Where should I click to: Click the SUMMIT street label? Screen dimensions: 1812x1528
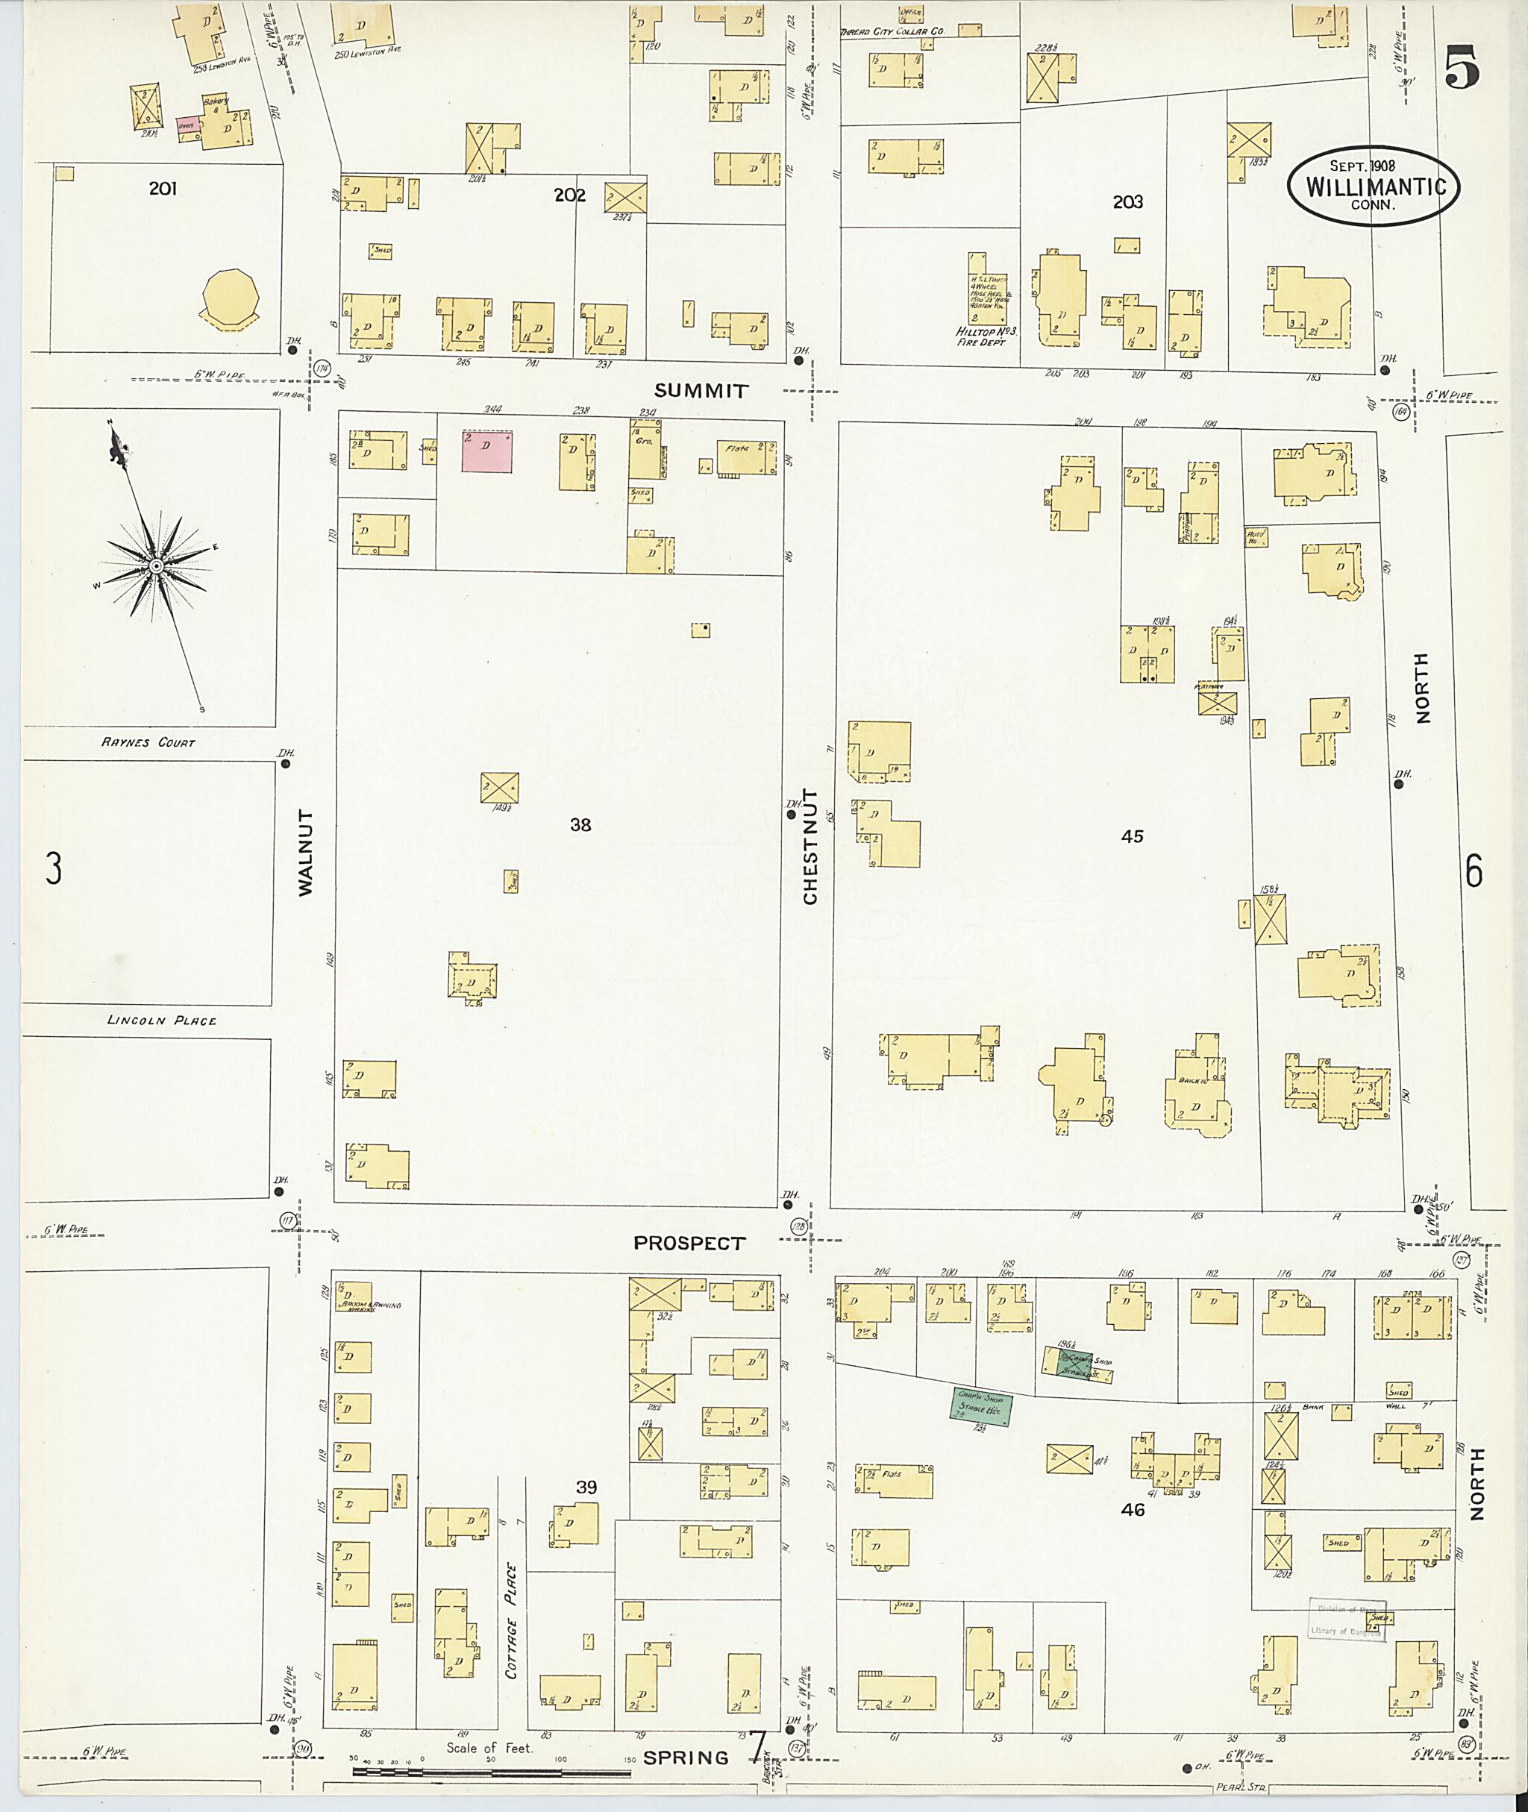point(701,391)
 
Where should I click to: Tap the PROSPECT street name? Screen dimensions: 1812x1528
point(689,1243)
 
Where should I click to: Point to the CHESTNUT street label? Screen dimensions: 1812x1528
point(810,846)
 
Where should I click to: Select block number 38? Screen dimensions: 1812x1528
point(580,824)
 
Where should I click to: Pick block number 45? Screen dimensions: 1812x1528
point(1132,836)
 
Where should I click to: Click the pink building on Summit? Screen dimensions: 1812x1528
point(486,451)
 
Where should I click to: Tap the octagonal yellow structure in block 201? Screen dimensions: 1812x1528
point(231,300)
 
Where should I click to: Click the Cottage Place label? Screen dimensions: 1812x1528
point(511,1620)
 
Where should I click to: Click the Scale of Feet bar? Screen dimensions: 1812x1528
point(492,1771)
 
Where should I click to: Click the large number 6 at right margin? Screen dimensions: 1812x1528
point(1474,871)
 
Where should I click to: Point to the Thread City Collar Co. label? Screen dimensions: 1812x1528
point(893,31)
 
